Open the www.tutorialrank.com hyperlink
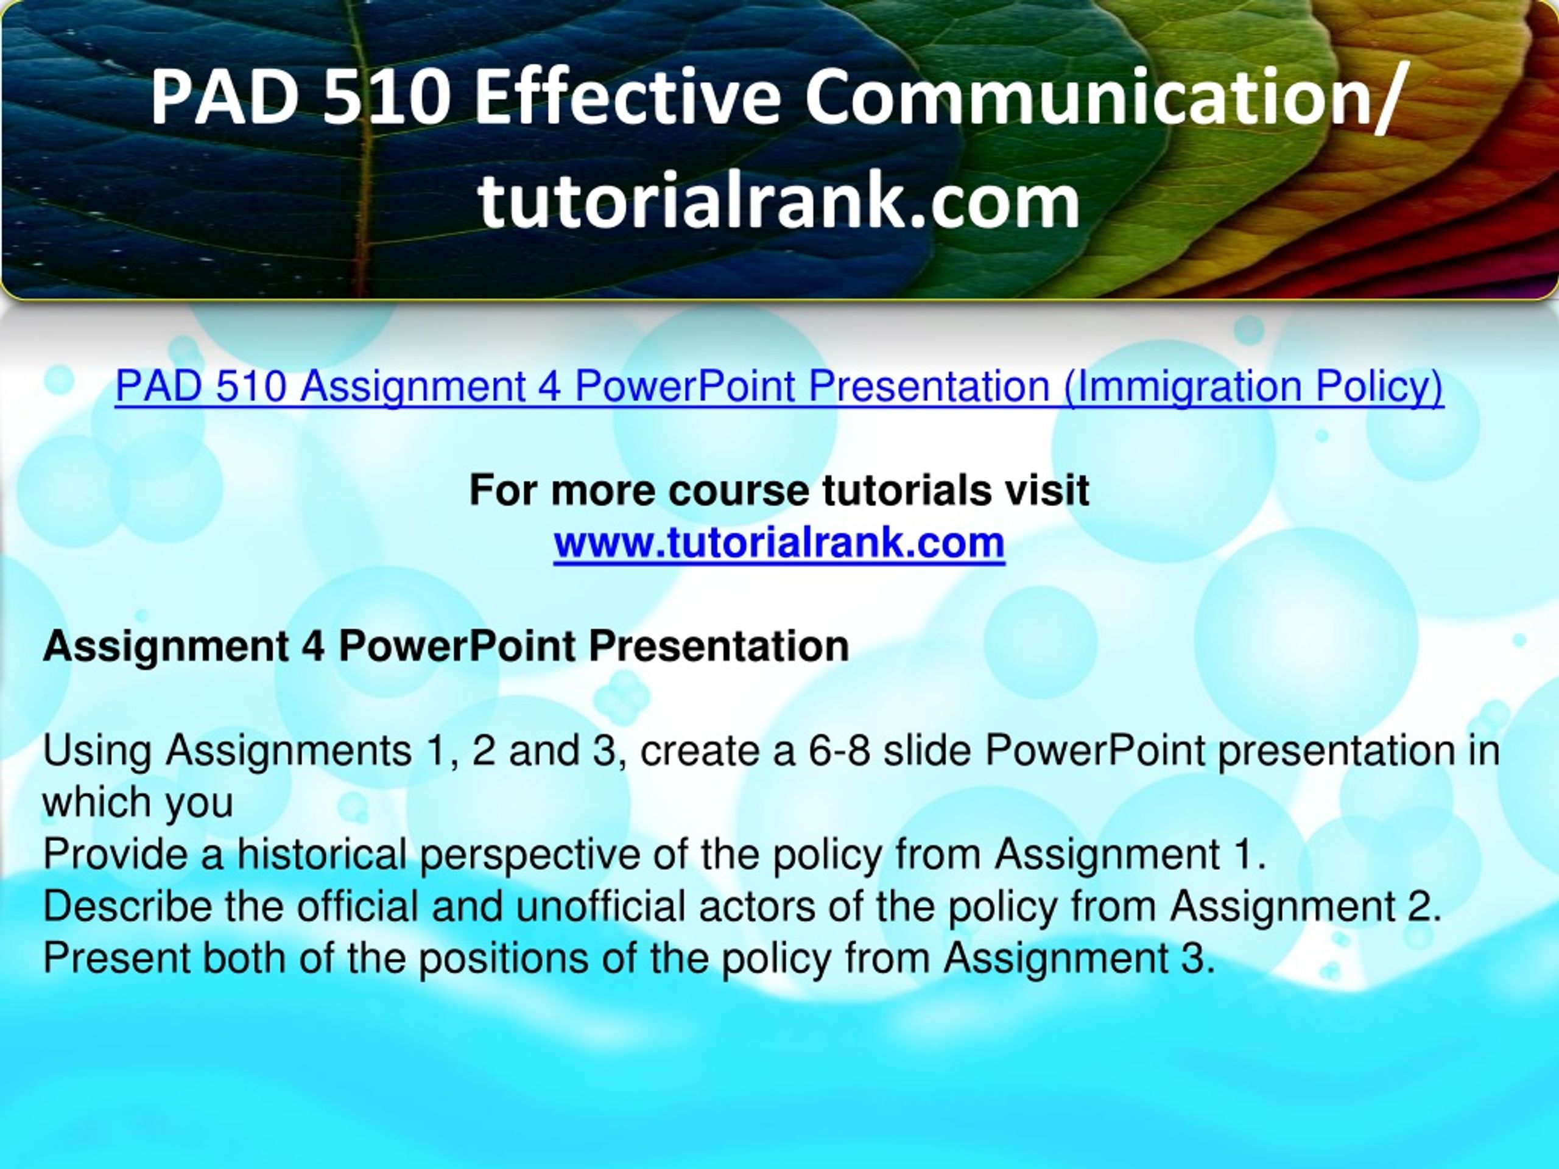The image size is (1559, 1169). coord(779,542)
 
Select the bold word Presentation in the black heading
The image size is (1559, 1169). coord(719,645)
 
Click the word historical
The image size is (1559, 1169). coord(322,854)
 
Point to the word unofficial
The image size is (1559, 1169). coord(600,906)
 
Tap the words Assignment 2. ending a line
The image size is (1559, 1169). coord(1306,906)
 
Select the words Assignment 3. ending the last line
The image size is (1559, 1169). coord(1080,958)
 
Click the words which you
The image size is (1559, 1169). coord(138,803)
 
